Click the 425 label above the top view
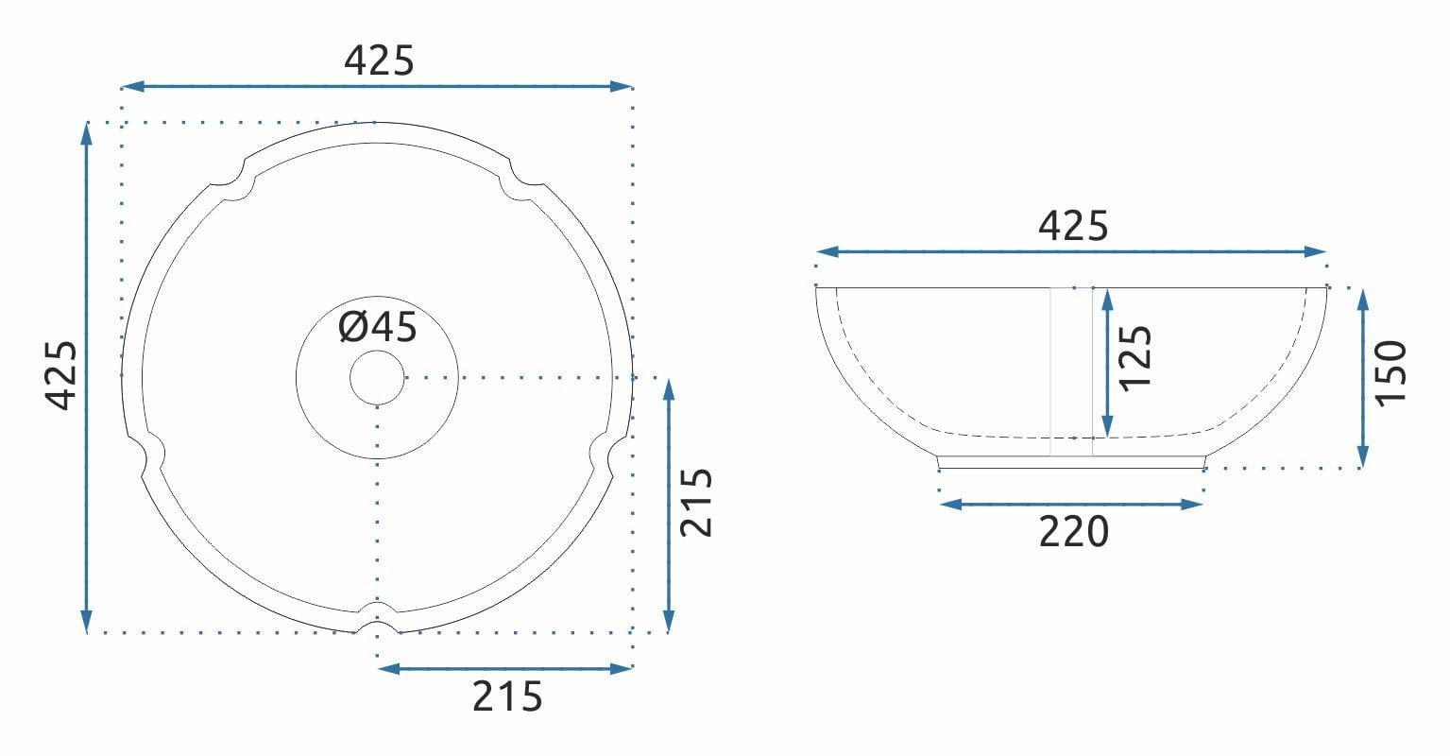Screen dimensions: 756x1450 point(379,60)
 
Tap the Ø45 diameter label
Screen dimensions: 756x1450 point(378,328)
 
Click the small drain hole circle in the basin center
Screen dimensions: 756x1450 point(377,377)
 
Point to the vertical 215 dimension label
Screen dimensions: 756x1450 point(697,503)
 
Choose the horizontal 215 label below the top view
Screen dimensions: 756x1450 point(507,696)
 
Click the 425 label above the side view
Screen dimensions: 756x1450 point(1072,227)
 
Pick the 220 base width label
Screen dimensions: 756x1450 point(1073,532)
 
